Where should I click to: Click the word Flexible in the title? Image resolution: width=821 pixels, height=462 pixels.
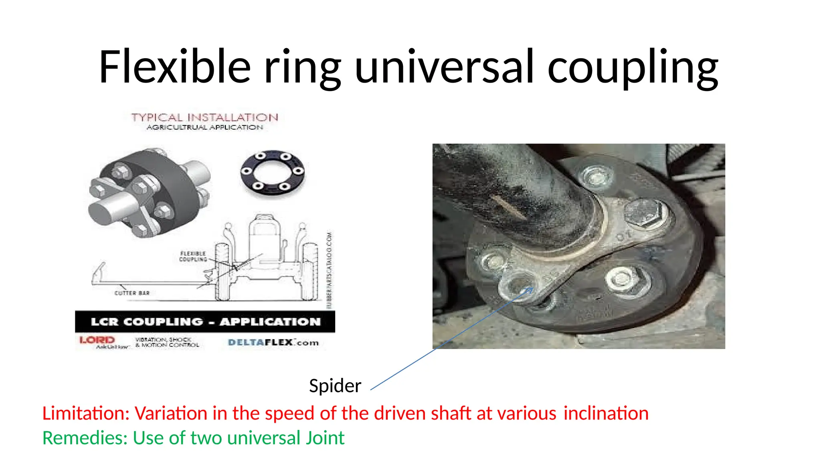(175, 67)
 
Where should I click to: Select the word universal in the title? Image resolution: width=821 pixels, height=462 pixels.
(444, 67)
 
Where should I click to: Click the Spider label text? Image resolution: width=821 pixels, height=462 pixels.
(335, 386)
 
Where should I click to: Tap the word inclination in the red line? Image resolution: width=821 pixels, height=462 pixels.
(606, 413)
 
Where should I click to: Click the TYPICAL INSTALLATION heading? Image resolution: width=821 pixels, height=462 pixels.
(204, 118)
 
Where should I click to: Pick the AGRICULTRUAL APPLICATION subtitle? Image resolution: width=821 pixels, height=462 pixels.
(204, 128)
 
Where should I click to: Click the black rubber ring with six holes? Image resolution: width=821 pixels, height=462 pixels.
(273, 171)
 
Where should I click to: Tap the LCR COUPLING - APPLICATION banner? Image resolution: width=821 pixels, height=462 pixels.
(205, 322)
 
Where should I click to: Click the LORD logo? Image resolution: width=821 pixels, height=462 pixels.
(97, 340)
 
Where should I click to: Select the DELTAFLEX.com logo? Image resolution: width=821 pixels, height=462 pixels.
(273, 342)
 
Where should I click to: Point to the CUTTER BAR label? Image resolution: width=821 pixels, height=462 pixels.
(132, 293)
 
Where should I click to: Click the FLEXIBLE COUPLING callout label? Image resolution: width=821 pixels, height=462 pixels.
(193, 257)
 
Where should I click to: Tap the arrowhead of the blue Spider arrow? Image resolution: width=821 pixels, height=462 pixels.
(532, 288)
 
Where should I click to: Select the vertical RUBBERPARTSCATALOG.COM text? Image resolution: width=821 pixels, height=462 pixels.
(330, 269)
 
